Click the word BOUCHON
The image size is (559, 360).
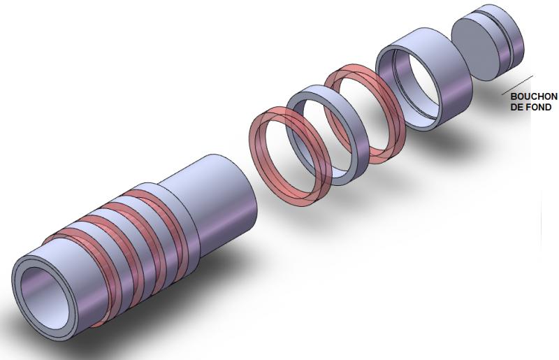tap(534, 96)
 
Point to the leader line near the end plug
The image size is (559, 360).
tap(517, 85)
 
